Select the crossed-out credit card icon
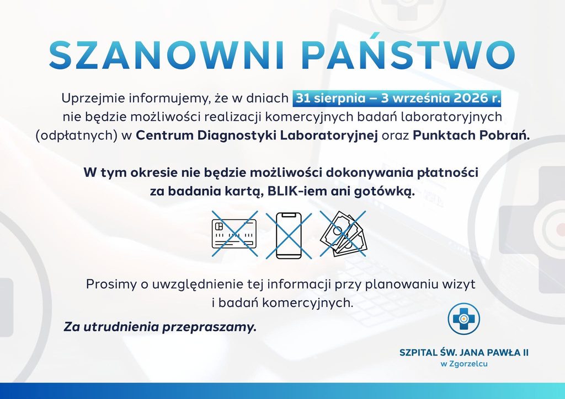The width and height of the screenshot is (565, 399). [234, 234]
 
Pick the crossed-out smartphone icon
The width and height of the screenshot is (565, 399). [289, 235]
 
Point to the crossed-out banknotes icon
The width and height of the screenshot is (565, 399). [343, 234]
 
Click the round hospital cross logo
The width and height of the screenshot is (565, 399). [463, 319]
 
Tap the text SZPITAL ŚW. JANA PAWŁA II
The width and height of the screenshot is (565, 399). [463, 352]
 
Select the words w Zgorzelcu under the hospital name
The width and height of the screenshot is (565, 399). [463, 364]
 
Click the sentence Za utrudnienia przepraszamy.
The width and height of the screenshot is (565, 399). [160, 327]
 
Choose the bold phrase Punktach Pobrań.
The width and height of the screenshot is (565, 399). [471, 135]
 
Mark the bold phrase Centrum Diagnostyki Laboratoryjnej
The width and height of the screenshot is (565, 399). [257, 136]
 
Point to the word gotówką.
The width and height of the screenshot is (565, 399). [385, 192]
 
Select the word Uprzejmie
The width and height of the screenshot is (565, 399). [93, 99]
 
